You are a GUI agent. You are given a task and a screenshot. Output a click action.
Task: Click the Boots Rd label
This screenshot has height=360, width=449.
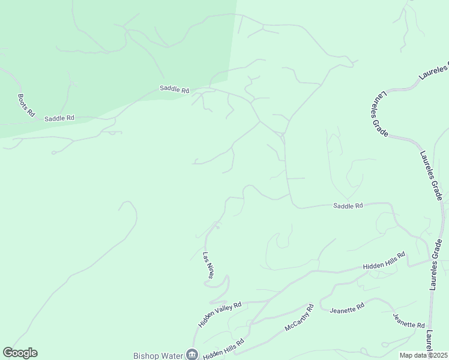pyautogui.click(x=26, y=105)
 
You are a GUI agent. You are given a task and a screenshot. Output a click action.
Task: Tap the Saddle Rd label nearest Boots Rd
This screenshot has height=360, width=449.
pyautogui.click(x=59, y=118)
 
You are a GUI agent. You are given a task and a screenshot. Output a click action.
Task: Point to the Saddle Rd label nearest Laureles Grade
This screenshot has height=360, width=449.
pyautogui.click(x=348, y=206)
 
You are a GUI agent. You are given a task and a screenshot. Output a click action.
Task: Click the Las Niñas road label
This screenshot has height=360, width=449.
pyautogui.click(x=208, y=266)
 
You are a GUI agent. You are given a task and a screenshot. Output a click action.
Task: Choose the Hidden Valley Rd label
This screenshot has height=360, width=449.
pyautogui.click(x=220, y=314)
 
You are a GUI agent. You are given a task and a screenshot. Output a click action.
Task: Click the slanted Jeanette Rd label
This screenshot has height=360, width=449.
pyautogui.click(x=409, y=320)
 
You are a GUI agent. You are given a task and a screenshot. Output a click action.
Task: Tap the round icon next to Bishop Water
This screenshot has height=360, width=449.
pyautogui.click(x=192, y=355)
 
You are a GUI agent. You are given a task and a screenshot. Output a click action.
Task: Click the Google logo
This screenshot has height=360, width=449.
pyautogui.click(x=20, y=353)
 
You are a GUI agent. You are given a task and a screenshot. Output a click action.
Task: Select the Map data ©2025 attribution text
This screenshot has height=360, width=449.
pyautogui.click(x=423, y=355)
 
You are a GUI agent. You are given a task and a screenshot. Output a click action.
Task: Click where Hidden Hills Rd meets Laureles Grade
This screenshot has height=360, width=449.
pyautogui.click(x=432, y=260)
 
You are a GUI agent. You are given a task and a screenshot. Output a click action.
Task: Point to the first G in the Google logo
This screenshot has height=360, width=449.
pyautogui.click(x=8, y=353)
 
